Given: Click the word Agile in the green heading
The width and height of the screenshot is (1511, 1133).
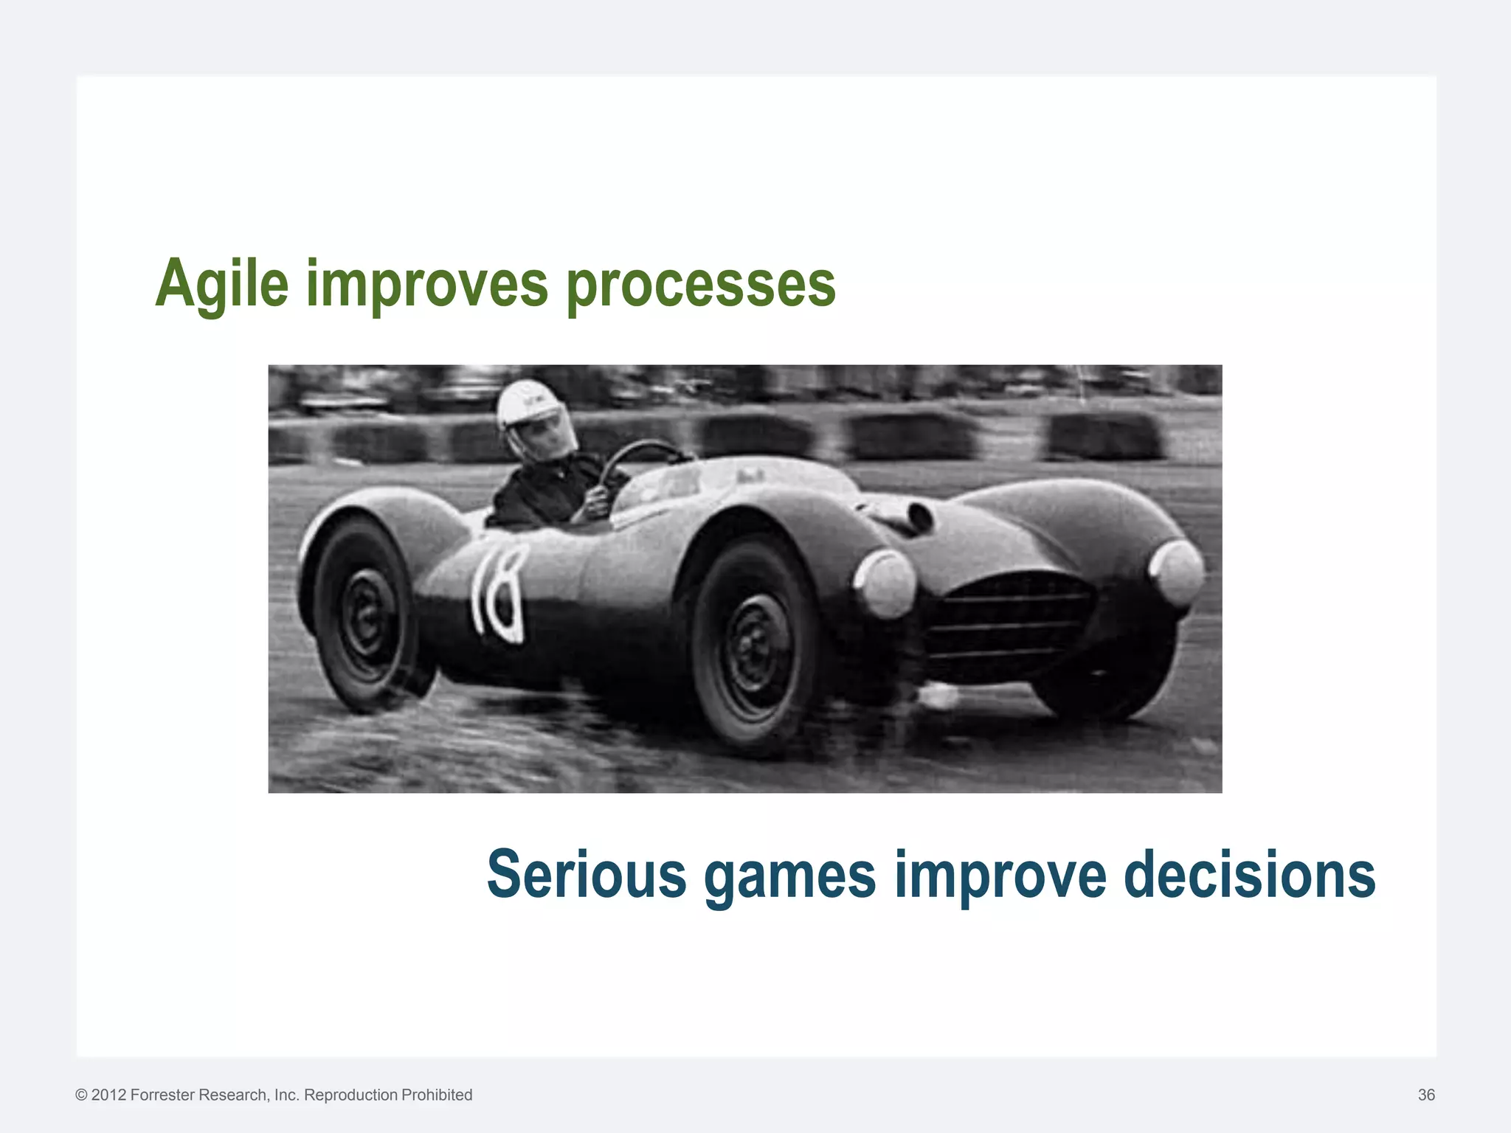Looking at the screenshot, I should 221,285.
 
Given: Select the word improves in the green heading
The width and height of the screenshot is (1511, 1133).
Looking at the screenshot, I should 427,285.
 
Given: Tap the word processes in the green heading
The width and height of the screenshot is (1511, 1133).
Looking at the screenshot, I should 701,285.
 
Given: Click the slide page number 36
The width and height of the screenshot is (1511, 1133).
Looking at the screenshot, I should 1426,1095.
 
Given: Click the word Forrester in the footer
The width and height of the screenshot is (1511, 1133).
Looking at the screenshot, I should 163,1095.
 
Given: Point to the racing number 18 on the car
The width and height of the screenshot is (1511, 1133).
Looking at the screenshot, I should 498,594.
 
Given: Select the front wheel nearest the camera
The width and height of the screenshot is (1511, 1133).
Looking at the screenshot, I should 753,649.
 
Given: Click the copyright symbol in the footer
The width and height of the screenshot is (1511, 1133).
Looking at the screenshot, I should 81,1095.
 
